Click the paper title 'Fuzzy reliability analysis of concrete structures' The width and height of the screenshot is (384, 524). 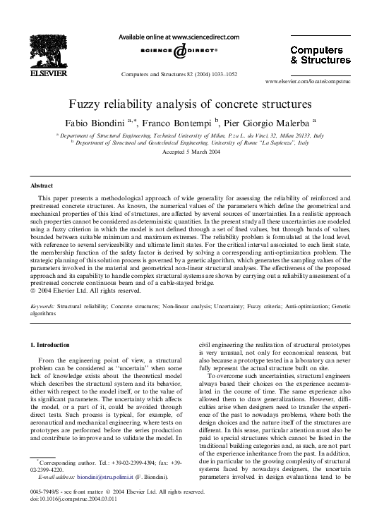coord(191,103)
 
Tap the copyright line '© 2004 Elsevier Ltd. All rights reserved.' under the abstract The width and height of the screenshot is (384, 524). coord(85,291)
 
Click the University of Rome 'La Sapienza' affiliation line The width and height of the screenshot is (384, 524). coord(191,142)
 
